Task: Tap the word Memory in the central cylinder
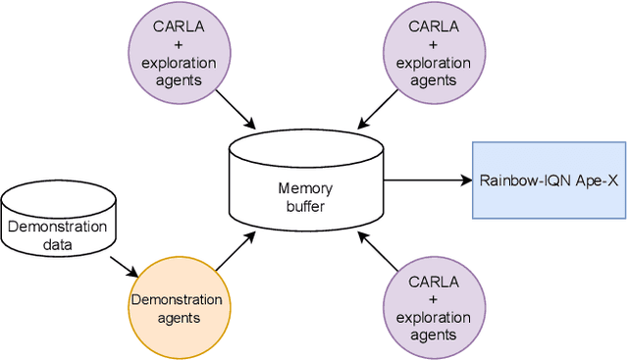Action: point(306,188)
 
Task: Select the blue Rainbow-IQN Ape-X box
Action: point(549,180)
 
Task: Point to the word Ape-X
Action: point(596,180)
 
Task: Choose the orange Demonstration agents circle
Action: point(180,308)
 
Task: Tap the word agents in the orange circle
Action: point(180,317)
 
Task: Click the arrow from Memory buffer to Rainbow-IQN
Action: point(427,180)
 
